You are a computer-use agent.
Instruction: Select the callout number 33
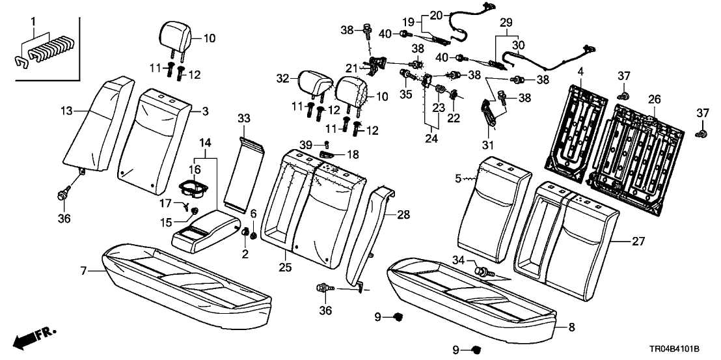click(x=243, y=118)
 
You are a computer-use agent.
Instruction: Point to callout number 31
click(x=488, y=145)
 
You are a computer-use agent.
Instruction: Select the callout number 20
click(x=435, y=14)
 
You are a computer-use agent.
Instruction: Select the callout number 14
click(x=206, y=142)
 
